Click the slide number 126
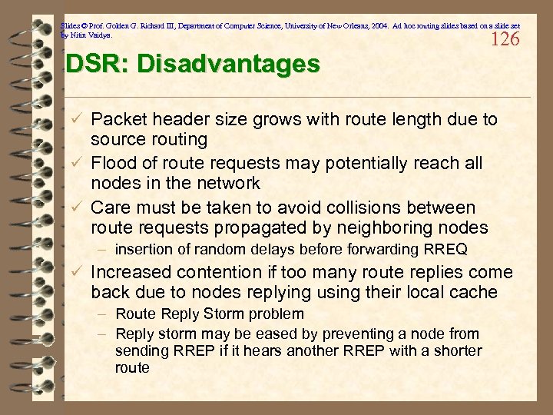tap(505, 38)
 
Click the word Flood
tap(114, 163)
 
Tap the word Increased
tap(127, 272)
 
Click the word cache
tap(476, 292)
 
